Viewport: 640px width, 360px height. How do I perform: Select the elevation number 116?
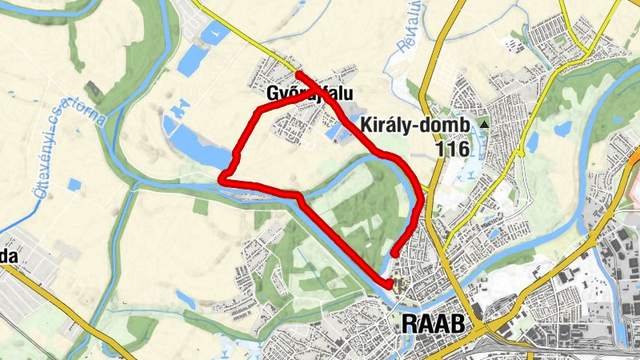pos(453,148)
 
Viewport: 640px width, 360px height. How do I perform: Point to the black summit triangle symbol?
pos(483,125)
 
